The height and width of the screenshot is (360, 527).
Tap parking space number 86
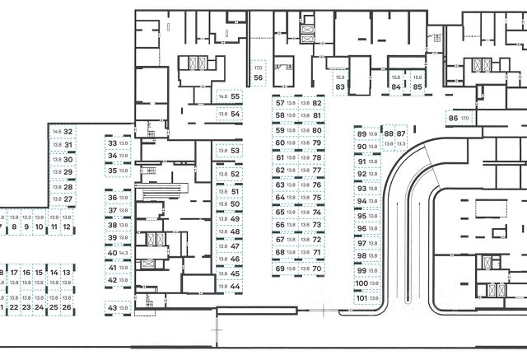coord(453,119)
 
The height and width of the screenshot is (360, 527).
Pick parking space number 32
coord(69,132)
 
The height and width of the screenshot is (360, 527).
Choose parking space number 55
coord(235,96)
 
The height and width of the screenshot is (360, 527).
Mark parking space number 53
coord(235,151)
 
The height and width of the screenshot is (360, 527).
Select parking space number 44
coord(235,286)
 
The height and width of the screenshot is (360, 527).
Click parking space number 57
coord(280,103)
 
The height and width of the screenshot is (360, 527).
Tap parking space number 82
coord(316,103)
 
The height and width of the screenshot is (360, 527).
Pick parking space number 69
coord(280,269)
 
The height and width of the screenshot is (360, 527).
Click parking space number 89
coord(361,133)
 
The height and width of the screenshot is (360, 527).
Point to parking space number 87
coord(401,133)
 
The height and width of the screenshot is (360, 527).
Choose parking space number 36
coord(113,199)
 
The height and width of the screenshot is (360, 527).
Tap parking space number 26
coord(67,307)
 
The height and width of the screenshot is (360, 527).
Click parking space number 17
coord(15,272)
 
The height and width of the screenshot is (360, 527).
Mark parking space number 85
coord(417,86)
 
